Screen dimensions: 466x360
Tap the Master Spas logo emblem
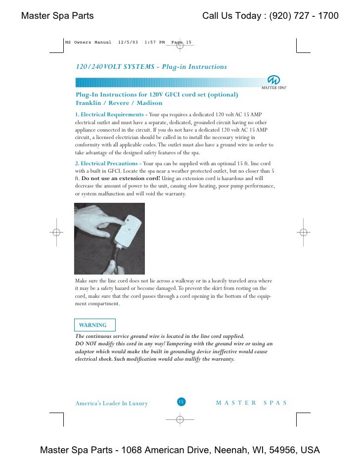273,80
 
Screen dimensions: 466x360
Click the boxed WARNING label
93,325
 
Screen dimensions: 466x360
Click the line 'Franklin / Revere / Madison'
119,103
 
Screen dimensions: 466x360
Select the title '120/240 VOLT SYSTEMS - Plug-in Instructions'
151,67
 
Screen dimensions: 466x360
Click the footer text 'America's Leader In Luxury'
111,403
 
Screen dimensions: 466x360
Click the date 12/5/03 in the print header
128,43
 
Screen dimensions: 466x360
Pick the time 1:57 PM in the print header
154,43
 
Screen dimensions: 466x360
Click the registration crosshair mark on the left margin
57,232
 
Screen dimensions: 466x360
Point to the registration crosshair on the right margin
303,232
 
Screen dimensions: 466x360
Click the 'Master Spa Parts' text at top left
57,16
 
